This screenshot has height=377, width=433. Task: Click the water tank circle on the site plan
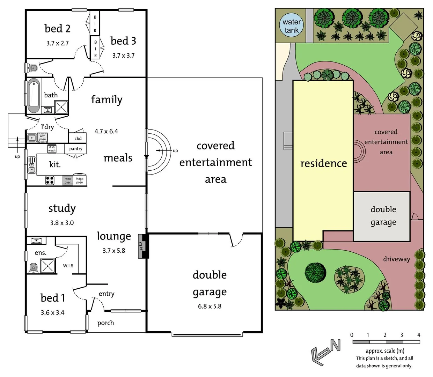point(292,25)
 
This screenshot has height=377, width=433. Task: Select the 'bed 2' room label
point(58,29)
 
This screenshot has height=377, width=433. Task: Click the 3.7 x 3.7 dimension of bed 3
point(123,56)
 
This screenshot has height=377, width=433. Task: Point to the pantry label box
point(76,149)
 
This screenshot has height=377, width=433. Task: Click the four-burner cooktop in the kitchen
point(50,180)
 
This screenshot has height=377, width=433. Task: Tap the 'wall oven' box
point(68,180)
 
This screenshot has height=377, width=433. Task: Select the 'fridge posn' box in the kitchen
point(80,180)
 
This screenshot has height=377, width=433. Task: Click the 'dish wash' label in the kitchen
point(52,149)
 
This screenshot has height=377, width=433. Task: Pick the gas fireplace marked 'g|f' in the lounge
point(142,246)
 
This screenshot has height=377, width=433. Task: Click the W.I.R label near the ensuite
point(68,266)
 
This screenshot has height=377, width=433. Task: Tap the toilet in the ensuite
point(34,268)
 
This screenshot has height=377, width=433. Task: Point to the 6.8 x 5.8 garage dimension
point(210,306)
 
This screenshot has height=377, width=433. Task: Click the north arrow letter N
point(335,345)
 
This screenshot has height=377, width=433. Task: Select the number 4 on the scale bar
point(418,335)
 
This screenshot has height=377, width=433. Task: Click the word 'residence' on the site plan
point(323,163)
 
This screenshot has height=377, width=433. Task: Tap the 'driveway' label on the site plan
point(396,259)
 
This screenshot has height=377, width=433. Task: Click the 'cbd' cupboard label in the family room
point(78,138)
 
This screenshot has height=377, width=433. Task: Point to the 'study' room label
point(62,208)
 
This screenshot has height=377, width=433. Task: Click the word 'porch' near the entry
point(105,323)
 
